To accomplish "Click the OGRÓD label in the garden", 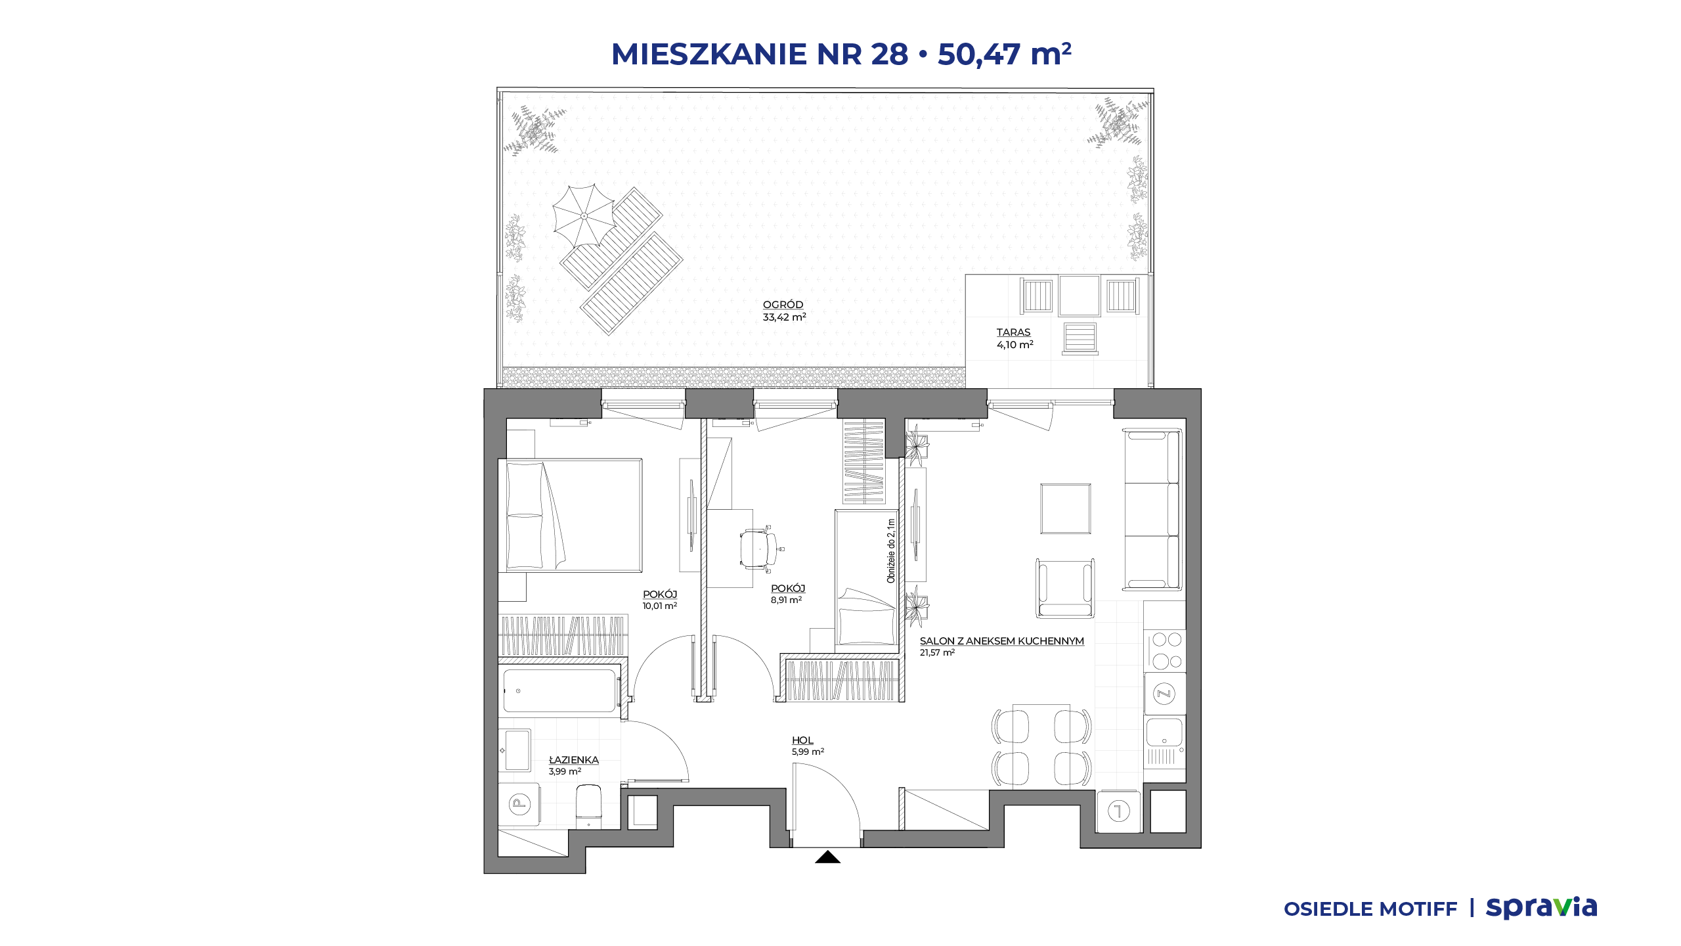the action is (783, 305).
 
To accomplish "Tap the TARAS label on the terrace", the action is (1013, 332).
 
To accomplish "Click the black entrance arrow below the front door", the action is (827, 857).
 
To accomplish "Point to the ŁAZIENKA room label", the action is (574, 760).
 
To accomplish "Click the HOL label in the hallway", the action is (802, 740).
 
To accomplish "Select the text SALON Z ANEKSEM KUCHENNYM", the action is (1001, 641).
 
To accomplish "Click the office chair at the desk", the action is (760, 548).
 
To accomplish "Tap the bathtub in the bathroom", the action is (560, 690).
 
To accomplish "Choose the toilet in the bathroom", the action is (588, 806).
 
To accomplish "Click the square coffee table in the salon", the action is (1065, 509).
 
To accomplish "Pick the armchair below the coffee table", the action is (1065, 589).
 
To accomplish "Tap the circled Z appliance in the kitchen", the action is (1164, 694).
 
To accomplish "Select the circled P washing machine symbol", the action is (519, 803).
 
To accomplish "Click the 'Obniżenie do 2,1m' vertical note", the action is (891, 551).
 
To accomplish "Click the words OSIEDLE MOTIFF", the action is (1370, 909).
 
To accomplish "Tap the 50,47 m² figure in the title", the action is (1004, 54).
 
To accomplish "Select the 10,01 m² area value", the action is (659, 606).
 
